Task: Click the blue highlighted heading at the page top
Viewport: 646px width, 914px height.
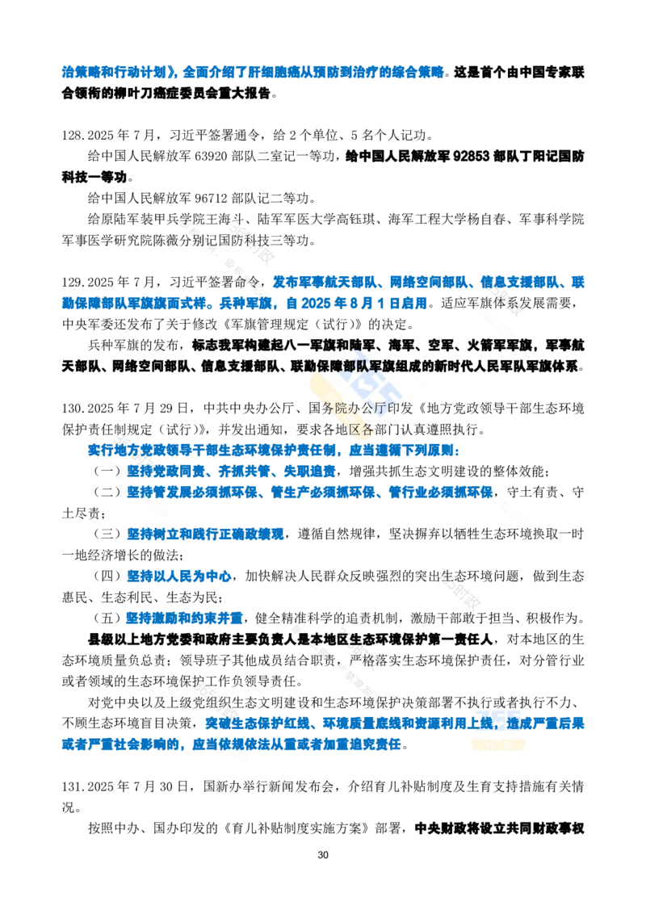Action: coord(252,73)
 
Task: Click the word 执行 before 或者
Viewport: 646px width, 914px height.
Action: coord(475,702)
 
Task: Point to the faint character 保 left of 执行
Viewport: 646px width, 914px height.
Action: coord(386,702)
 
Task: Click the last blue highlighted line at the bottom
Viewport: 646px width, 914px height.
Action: coord(230,744)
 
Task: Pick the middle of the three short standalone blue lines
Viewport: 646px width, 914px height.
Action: coord(178,576)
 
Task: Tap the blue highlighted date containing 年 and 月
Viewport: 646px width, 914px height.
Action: coord(355,304)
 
